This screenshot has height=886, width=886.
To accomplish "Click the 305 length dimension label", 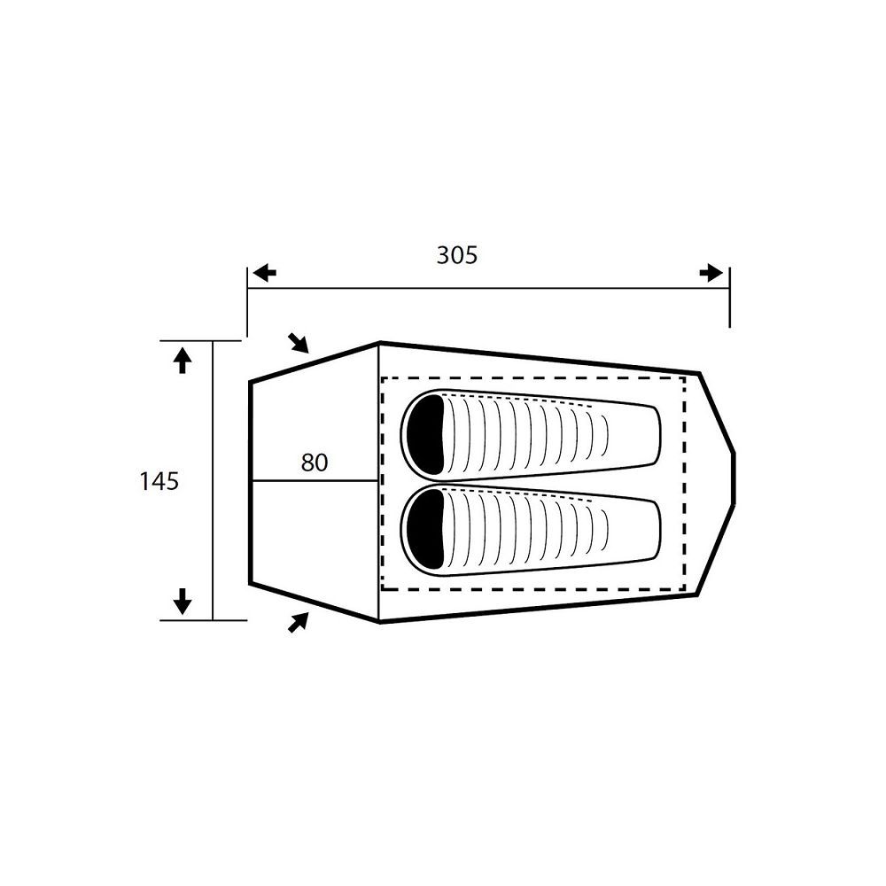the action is (x=456, y=255).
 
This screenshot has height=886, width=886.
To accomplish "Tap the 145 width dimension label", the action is (x=159, y=481).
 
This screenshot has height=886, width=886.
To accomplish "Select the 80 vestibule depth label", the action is (x=315, y=462).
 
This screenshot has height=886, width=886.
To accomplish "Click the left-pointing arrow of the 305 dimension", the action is (x=264, y=274).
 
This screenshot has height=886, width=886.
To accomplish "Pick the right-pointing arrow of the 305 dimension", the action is (x=711, y=273).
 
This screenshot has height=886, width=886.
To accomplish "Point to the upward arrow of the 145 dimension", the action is (x=182, y=360).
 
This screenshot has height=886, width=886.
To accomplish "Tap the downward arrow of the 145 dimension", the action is (x=182, y=601).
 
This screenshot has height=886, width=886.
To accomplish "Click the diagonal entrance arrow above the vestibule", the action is (x=299, y=343).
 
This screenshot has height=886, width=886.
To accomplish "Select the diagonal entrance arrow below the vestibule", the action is (x=299, y=622).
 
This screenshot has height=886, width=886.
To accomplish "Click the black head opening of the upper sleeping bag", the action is (x=428, y=434).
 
